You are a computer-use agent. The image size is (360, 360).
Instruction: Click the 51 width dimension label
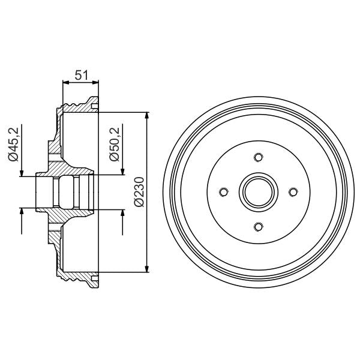80,76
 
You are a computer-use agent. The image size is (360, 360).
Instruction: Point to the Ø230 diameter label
139,191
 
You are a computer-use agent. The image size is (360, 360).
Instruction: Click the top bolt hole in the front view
258,158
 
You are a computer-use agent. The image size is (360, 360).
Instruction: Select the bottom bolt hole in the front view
258,226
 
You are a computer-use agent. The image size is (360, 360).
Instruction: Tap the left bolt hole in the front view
224,192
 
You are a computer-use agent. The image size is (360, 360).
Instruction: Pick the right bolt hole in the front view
292,192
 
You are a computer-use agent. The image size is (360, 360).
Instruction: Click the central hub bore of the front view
258,192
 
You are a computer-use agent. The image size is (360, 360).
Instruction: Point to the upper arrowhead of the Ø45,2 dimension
22,172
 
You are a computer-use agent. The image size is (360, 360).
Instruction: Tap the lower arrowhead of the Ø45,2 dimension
22,212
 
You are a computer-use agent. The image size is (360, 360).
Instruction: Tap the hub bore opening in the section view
66,192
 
